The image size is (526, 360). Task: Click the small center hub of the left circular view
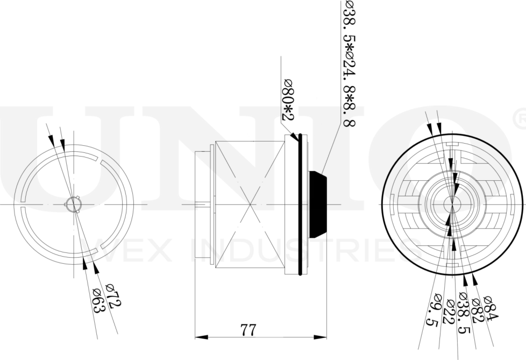point(72,204)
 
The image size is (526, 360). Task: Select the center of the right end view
point(452,204)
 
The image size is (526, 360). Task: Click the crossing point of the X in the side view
point(250,204)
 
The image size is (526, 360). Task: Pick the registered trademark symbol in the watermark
point(520,118)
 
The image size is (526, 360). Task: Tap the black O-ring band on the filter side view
point(302,204)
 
